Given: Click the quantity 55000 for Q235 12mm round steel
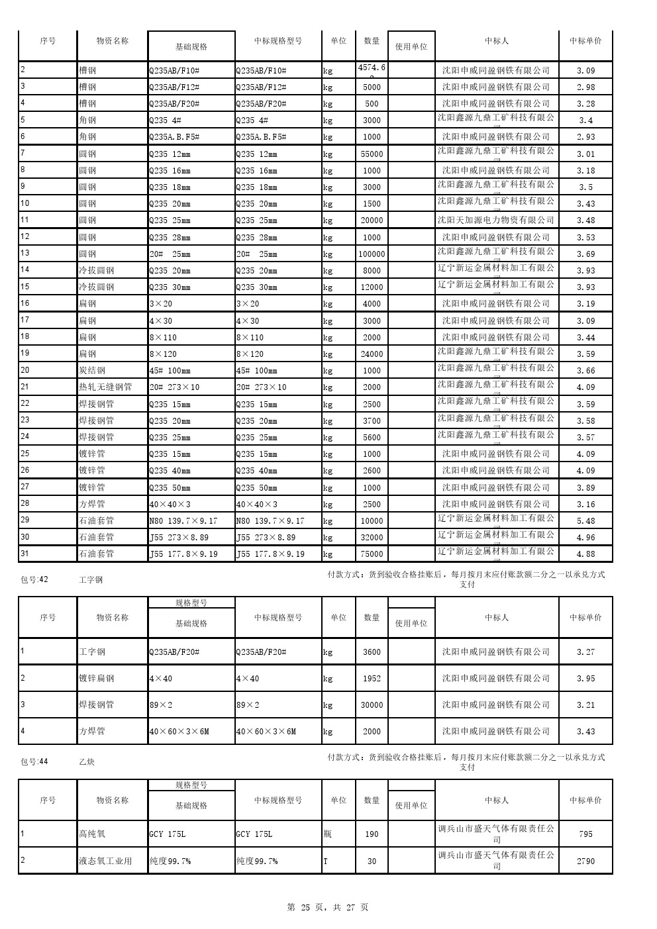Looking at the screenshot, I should coord(372,154).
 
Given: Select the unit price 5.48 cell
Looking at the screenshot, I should coord(585,521).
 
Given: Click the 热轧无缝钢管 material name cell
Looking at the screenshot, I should coord(105,387).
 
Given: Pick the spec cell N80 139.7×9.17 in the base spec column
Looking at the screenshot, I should coord(183,521).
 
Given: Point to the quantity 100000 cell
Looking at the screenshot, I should coord(372,254).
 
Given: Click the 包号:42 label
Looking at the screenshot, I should coord(34,580).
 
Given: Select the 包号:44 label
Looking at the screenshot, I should coord(34,762).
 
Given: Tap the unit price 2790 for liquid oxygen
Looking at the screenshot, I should coord(585,861).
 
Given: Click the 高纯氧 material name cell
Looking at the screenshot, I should coord(92,834).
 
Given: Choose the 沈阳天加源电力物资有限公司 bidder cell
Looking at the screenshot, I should coord(496,220).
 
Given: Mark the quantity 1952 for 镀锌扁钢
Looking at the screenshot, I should coord(372,679).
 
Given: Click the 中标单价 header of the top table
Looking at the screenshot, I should coord(585,41).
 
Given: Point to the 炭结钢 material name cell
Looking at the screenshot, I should coord(92,371).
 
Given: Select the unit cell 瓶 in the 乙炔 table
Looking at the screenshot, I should coord(328,834).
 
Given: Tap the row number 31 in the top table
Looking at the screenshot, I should coord(25,554).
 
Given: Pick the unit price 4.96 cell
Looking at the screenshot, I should coord(585,538).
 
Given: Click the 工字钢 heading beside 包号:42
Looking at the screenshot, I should coord(91,580).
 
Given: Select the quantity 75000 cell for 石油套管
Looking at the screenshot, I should coord(372,554).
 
